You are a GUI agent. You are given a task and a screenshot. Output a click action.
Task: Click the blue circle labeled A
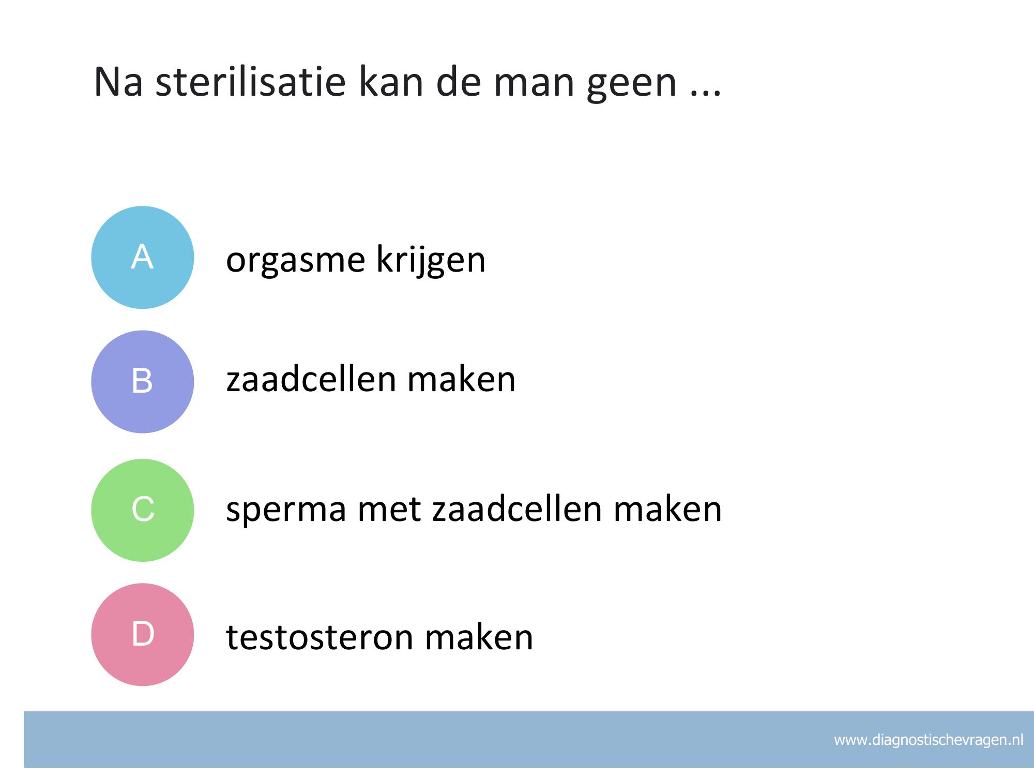pyautogui.click(x=143, y=258)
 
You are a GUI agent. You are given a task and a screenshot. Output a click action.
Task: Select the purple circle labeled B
pyautogui.click(x=143, y=382)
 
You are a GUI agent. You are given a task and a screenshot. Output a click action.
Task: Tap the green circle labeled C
pyautogui.click(x=143, y=510)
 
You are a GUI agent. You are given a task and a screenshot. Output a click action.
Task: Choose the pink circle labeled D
pyautogui.click(x=143, y=635)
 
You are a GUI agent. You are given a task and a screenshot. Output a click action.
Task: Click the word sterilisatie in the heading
pyautogui.click(x=250, y=82)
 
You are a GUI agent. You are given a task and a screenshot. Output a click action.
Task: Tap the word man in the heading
pyautogui.click(x=535, y=86)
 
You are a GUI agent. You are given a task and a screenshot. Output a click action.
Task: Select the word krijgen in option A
pyautogui.click(x=431, y=260)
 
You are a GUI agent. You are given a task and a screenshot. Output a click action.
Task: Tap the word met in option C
pyautogui.click(x=389, y=510)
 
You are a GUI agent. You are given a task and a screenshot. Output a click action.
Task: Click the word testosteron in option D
pyautogui.click(x=320, y=637)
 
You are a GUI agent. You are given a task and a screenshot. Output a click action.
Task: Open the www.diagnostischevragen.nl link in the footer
pyautogui.click(x=929, y=740)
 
